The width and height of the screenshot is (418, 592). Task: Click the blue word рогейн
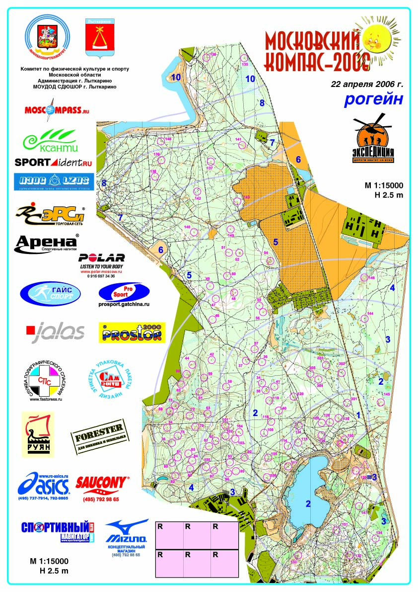(374, 99)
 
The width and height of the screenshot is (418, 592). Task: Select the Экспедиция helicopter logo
(373, 139)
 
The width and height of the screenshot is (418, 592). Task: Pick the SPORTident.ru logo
(54, 162)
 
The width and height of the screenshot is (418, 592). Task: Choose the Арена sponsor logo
(47, 243)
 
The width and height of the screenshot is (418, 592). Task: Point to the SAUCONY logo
(102, 483)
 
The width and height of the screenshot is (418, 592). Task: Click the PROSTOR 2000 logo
(133, 333)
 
